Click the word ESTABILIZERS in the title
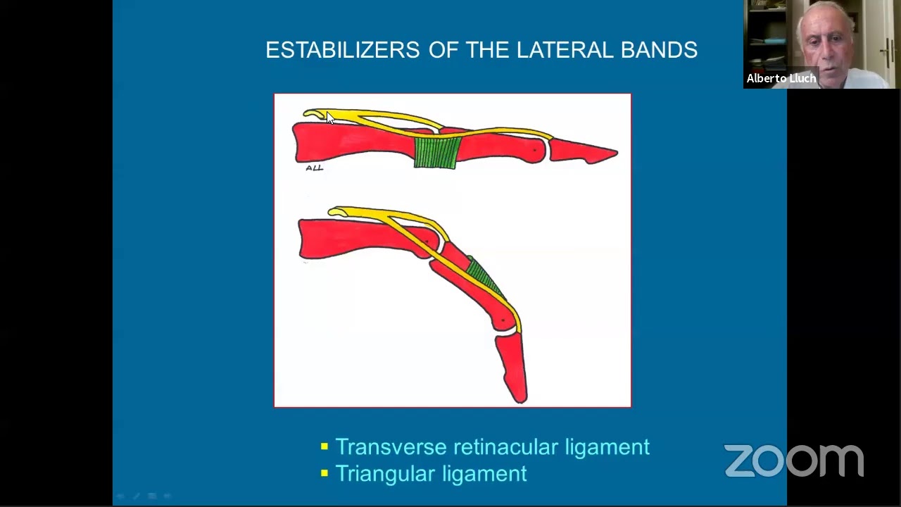(342, 50)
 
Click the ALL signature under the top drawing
(314, 168)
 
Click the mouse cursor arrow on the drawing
(330, 118)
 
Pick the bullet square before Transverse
(325, 446)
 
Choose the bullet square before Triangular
(325, 473)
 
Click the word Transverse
(391, 446)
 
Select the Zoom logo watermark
(793, 461)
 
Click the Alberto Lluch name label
(781, 78)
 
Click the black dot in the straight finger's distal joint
(535, 149)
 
